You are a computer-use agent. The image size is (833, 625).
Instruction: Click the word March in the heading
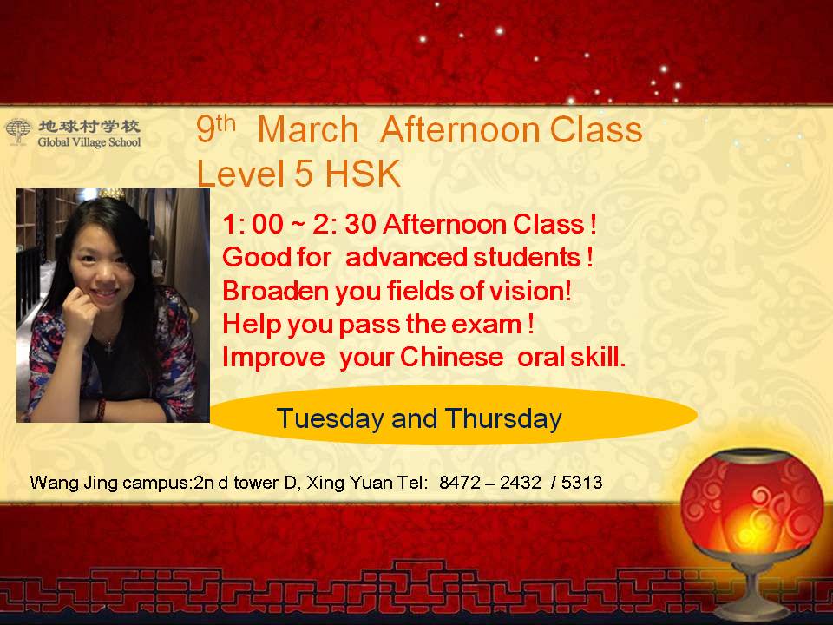(x=308, y=129)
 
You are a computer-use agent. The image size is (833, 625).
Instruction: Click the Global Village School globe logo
(x=18, y=131)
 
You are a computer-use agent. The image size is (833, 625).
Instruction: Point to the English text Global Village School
(x=89, y=142)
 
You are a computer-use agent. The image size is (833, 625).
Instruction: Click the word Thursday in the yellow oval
(x=503, y=418)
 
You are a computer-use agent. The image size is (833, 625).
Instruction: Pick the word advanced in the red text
(x=406, y=257)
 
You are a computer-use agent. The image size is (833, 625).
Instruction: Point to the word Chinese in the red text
(x=451, y=357)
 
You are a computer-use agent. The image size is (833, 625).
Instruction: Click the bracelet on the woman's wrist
(x=101, y=409)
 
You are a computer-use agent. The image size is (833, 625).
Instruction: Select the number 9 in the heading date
(x=205, y=129)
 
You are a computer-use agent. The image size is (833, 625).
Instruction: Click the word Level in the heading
(x=240, y=174)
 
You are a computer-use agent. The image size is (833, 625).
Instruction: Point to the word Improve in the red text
(x=273, y=358)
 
